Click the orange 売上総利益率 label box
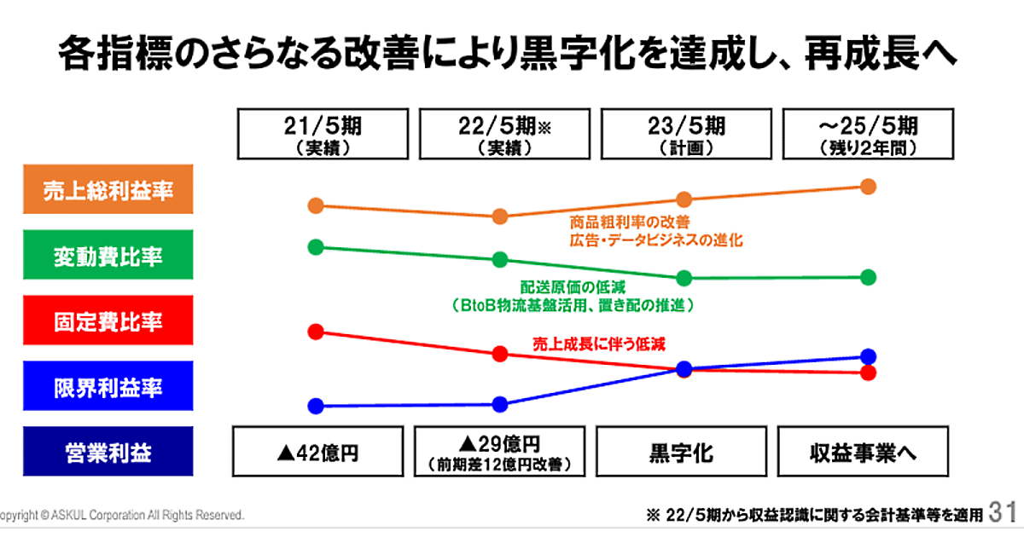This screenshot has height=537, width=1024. click(108, 190)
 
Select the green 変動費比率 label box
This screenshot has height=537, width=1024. click(108, 257)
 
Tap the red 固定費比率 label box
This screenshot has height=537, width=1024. click(108, 322)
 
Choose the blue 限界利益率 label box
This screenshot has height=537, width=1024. click(108, 388)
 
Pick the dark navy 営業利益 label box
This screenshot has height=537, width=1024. click(108, 453)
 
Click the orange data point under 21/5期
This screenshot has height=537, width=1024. click(316, 205)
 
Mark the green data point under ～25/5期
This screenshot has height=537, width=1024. click(869, 277)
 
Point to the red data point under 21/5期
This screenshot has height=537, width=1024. click(316, 332)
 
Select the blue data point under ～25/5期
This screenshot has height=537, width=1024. click(869, 356)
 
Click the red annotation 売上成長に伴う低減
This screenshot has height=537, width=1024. click(599, 344)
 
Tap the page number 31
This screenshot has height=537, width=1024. click(1004, 513)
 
